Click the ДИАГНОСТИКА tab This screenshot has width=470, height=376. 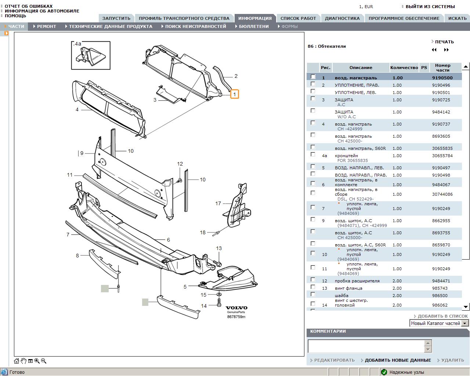click(x=342, y=18)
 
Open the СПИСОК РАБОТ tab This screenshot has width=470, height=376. click(x=298, y=18)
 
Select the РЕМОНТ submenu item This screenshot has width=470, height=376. click(x=46, y=26)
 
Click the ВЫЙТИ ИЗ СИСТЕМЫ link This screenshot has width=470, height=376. click(x=430, y=7)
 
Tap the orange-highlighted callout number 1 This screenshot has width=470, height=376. click(x=235, y=94)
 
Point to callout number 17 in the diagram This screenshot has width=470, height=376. click(x=218, y=203)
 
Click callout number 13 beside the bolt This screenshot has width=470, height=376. click(x=219, y=248)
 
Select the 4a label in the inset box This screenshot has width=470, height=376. click(x=77, y=44)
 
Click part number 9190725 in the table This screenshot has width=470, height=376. click(x=441, y=100)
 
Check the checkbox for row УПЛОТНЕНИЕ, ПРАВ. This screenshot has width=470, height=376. click(x=313, y=84)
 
